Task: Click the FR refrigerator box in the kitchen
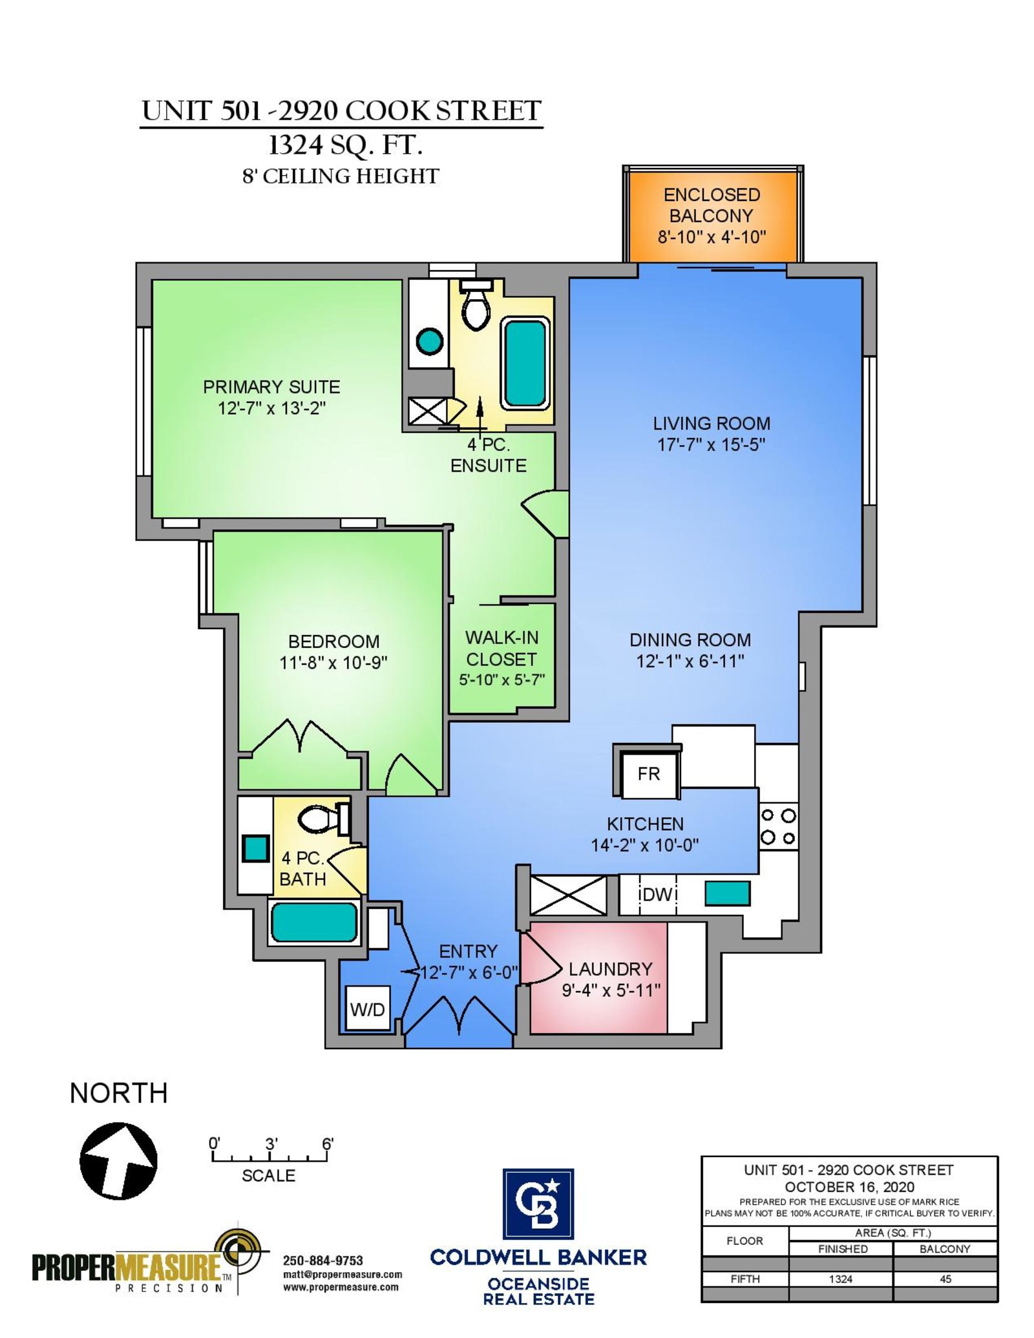pos(648,773)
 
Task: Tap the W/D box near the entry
pos(368,1009)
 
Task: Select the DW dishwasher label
pos(657,894)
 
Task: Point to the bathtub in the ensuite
pos(525,363)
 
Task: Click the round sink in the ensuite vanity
pos(429,341)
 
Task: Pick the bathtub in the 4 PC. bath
pos(315,922)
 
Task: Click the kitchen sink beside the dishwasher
pos(727,894)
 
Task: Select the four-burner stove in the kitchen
pos(778,827)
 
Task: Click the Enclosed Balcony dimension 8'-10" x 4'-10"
pos(712,237)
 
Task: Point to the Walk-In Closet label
pos(501,648)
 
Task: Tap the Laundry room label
pos(610,969)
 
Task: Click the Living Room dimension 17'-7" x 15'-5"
pos(711,444)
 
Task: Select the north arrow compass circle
pos(118,1161)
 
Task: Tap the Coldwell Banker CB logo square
pos(538,1204)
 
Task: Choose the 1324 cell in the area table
pos(840,1279)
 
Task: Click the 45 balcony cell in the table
pos(945,1279)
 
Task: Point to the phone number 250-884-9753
pos(322,1260)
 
